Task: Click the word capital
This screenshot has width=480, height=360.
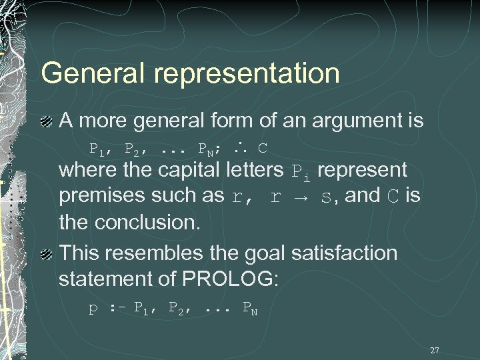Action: [x=194, y=171]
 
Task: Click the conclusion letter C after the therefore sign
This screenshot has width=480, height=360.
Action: [x=263, y=146]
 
